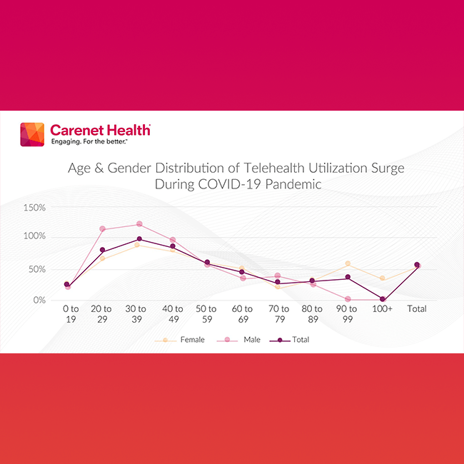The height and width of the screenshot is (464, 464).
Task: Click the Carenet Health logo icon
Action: click(x=33, y=134)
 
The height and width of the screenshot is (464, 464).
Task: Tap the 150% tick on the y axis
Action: click(x=35, y=208)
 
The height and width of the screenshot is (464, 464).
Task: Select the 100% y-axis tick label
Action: click(x=35, y=236)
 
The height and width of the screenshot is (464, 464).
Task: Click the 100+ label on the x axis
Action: click(x=383, y=309)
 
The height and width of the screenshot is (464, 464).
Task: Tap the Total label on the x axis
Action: click(x=416, y=309)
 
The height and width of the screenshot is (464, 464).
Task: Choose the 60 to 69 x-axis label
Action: click(x=241, y=314)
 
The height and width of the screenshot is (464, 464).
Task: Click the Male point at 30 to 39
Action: click(x=139, y=224)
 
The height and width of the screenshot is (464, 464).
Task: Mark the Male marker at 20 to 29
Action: click(x=102, y=229)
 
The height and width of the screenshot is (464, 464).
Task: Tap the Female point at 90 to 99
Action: click(x=348, y=264)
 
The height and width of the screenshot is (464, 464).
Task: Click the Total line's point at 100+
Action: click(x=383, y=299)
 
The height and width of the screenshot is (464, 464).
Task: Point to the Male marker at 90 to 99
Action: click(x=348, y=299)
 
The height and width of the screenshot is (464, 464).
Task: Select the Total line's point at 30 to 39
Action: click(x=139, y=239)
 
